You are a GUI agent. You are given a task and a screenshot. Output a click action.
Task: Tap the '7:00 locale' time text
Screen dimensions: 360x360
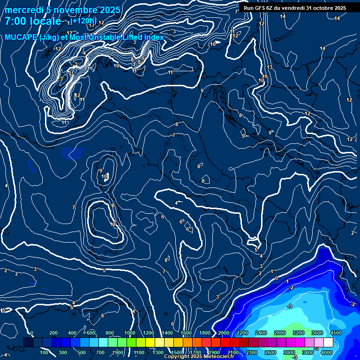[x=33, y=22]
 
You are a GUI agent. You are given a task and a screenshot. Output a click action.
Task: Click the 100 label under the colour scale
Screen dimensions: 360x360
[x=44, y=352]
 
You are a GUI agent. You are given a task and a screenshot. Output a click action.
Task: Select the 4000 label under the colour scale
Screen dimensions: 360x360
[x=327, y=352]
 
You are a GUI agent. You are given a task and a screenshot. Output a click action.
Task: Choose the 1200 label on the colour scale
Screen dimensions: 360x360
[x=149, y=333]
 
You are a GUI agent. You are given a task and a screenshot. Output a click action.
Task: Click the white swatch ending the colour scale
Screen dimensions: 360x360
[x=329, y=343]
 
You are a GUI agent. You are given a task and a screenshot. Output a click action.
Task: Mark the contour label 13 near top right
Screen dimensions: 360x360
[x=270, y=67]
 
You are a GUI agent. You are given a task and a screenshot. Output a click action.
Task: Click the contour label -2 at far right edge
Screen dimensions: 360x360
[x=353, y=304]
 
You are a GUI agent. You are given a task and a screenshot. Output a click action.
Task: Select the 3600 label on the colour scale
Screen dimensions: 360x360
[x=317, y=333]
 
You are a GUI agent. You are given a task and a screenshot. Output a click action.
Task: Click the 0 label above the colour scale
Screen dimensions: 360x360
[x=32, y=333]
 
